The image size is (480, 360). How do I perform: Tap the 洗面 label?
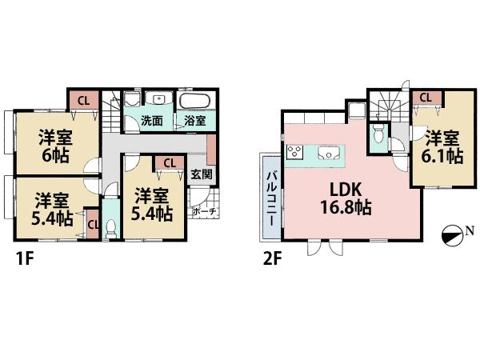pyautogui.click(x=152, y=122)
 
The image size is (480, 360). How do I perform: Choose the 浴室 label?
pyautogui.click(x=194, y=122)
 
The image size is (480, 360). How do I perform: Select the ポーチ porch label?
pyautogui.click(x=205, y=212)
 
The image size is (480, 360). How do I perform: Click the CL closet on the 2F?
pyautogui.click(x=426, y=98)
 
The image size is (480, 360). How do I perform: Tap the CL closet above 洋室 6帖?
pyautogui.click(x=82, y=100)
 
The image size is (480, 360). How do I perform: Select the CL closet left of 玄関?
pyautogui.click(x=168, y=163)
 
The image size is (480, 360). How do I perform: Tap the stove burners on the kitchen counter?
pyautogui.click(x=294, y=153)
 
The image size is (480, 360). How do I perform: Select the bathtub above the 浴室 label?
pyautogui.click(x=194, y=102)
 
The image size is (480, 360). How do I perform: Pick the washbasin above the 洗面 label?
pyautogui.click(x=158, y=99)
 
